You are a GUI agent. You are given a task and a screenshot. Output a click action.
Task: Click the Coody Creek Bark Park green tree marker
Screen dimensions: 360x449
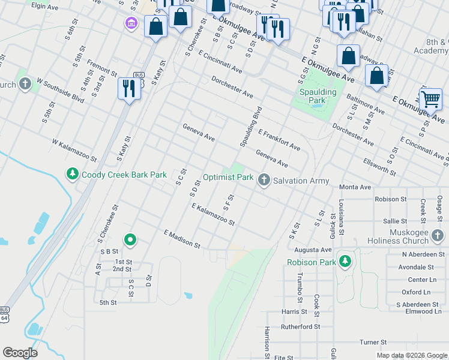[x=72, y=175]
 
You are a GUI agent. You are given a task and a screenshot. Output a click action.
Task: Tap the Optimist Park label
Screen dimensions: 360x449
[x=228, y=177]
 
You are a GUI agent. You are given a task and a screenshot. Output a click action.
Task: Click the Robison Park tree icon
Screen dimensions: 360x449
[x=345, y=262]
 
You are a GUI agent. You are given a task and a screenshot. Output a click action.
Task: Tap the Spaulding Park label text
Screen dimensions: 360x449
[x=318, y=97]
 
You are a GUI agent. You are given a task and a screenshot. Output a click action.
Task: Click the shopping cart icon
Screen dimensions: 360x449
[x=430, y=98]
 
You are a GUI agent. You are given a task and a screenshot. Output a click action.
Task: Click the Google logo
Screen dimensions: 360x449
[x=20, y=353]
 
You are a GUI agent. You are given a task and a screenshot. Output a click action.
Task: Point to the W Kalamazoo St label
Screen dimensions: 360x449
[x=74, y=151]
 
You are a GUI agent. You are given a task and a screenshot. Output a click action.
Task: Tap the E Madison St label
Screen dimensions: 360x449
[x=182, y=238]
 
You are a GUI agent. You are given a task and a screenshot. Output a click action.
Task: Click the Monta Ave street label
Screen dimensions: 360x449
[x=355, y=187]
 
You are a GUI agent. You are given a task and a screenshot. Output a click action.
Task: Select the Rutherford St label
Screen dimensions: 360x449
[x=301, y=327]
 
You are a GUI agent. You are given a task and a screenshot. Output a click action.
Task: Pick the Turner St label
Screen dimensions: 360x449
[x=372, y=342]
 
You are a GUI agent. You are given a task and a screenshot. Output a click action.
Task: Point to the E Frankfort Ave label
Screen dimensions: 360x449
[x=279, y=139]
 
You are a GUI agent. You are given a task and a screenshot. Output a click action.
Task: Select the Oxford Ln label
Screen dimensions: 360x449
[x=416, y=292]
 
